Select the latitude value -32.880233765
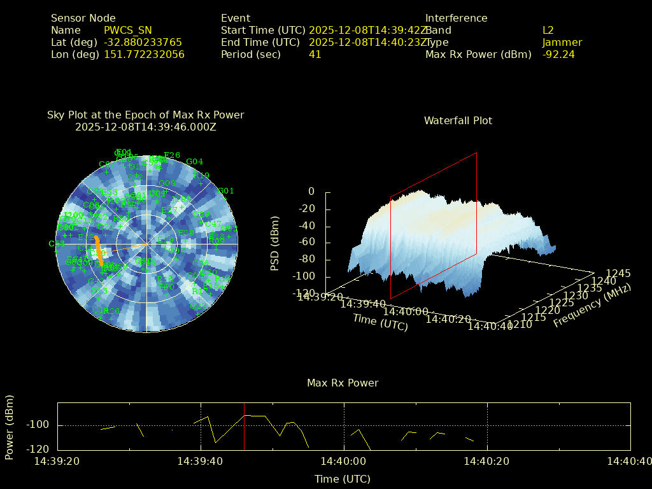143,42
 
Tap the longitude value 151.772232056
144,54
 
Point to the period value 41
315,54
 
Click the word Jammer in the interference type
562,42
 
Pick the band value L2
548,30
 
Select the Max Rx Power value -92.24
558,54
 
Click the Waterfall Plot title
458,120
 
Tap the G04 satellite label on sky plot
194,162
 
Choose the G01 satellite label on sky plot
226,190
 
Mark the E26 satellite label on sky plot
172,155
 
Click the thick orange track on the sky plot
99,249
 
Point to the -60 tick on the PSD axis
306,242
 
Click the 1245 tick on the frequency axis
618,273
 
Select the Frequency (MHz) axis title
592,306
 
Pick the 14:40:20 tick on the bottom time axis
487,461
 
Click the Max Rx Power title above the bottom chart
343,383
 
